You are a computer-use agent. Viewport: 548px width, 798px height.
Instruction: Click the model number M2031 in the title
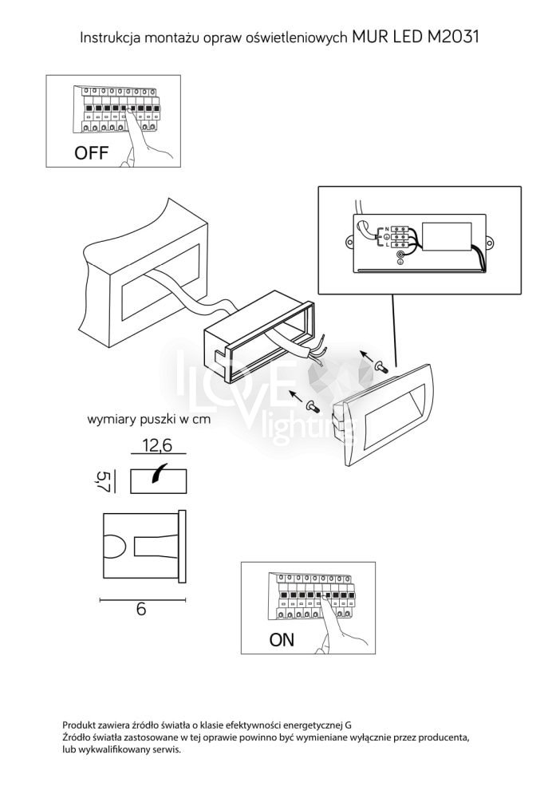click(451, 38)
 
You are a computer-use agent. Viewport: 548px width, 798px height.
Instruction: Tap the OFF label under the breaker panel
click(91, 152)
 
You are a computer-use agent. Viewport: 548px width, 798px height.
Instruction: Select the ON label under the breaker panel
click(282, 640)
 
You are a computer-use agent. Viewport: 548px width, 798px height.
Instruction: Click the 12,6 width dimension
click(157, 446)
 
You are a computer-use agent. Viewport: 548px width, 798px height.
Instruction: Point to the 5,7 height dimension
click(103, 481)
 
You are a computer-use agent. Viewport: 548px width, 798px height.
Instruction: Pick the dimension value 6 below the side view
click(141, 609)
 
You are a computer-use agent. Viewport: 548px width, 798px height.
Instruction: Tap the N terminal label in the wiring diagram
click(386, 229)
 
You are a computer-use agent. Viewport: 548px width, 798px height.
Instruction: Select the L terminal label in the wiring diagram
click(386, 245)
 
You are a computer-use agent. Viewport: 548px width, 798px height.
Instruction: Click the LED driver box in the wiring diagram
click(447, 237)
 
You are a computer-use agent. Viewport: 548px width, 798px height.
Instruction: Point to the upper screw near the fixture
click(380, 365)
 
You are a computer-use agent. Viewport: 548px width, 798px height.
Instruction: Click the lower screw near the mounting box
click(310, 406)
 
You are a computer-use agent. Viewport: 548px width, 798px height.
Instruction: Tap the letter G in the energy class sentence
click(348, 725)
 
